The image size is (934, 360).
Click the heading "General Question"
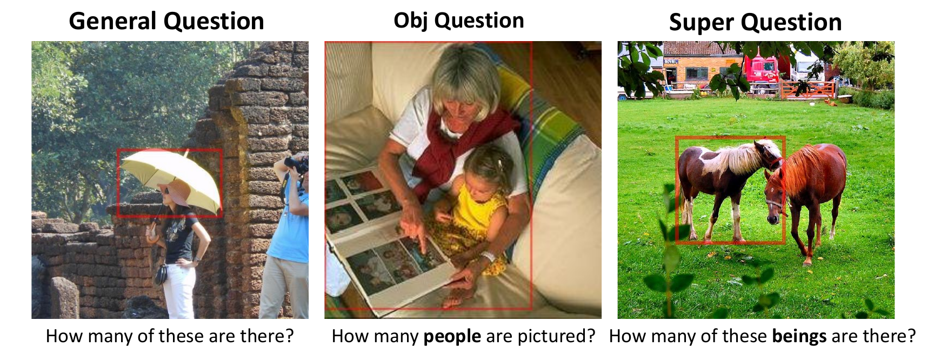[x=166, y=22]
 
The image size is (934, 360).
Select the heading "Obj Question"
[x=459, y=21]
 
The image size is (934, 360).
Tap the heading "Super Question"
[x=755, y=23]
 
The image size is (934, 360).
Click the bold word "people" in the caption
[x=452, y=336]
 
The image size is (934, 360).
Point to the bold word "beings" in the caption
[x=799, y=336]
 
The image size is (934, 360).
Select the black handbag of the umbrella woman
[x=161, y=275]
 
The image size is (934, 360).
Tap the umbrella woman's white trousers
[x=179, y=290]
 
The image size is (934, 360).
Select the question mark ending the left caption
[x=289, y=336]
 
